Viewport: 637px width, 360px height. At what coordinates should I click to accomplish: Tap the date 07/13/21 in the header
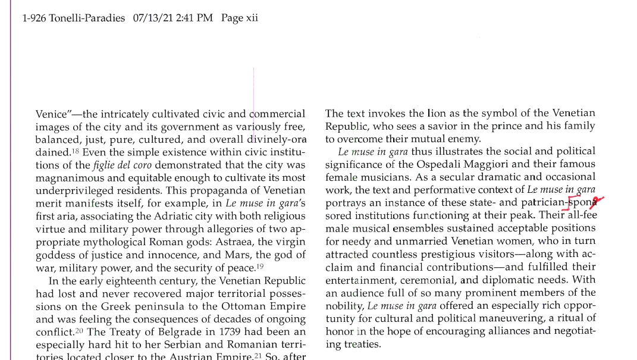click(x=153, y=18)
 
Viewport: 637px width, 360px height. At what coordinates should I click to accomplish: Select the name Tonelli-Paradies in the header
click(x=87, y=18)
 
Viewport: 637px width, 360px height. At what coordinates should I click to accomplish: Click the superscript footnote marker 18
click(x=76, y=150)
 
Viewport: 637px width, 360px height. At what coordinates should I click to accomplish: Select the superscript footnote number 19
click(x=260, y=265)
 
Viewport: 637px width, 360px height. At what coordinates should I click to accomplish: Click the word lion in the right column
click(x=436, y=113)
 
